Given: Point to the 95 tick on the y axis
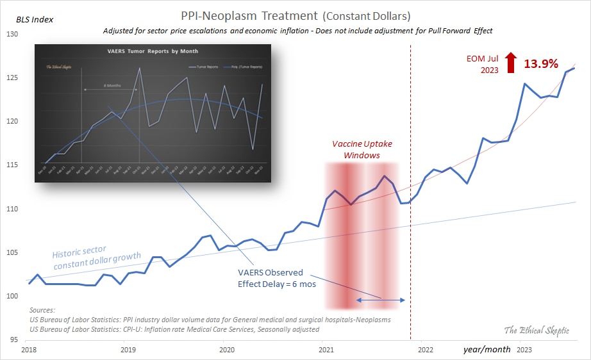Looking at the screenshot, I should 13,340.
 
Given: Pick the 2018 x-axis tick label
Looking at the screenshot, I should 29,350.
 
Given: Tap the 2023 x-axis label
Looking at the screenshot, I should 524,350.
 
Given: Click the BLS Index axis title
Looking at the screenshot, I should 35,19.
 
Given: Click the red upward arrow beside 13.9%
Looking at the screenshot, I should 510,63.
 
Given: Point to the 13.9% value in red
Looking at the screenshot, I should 541,63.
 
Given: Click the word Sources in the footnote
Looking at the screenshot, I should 42,309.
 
